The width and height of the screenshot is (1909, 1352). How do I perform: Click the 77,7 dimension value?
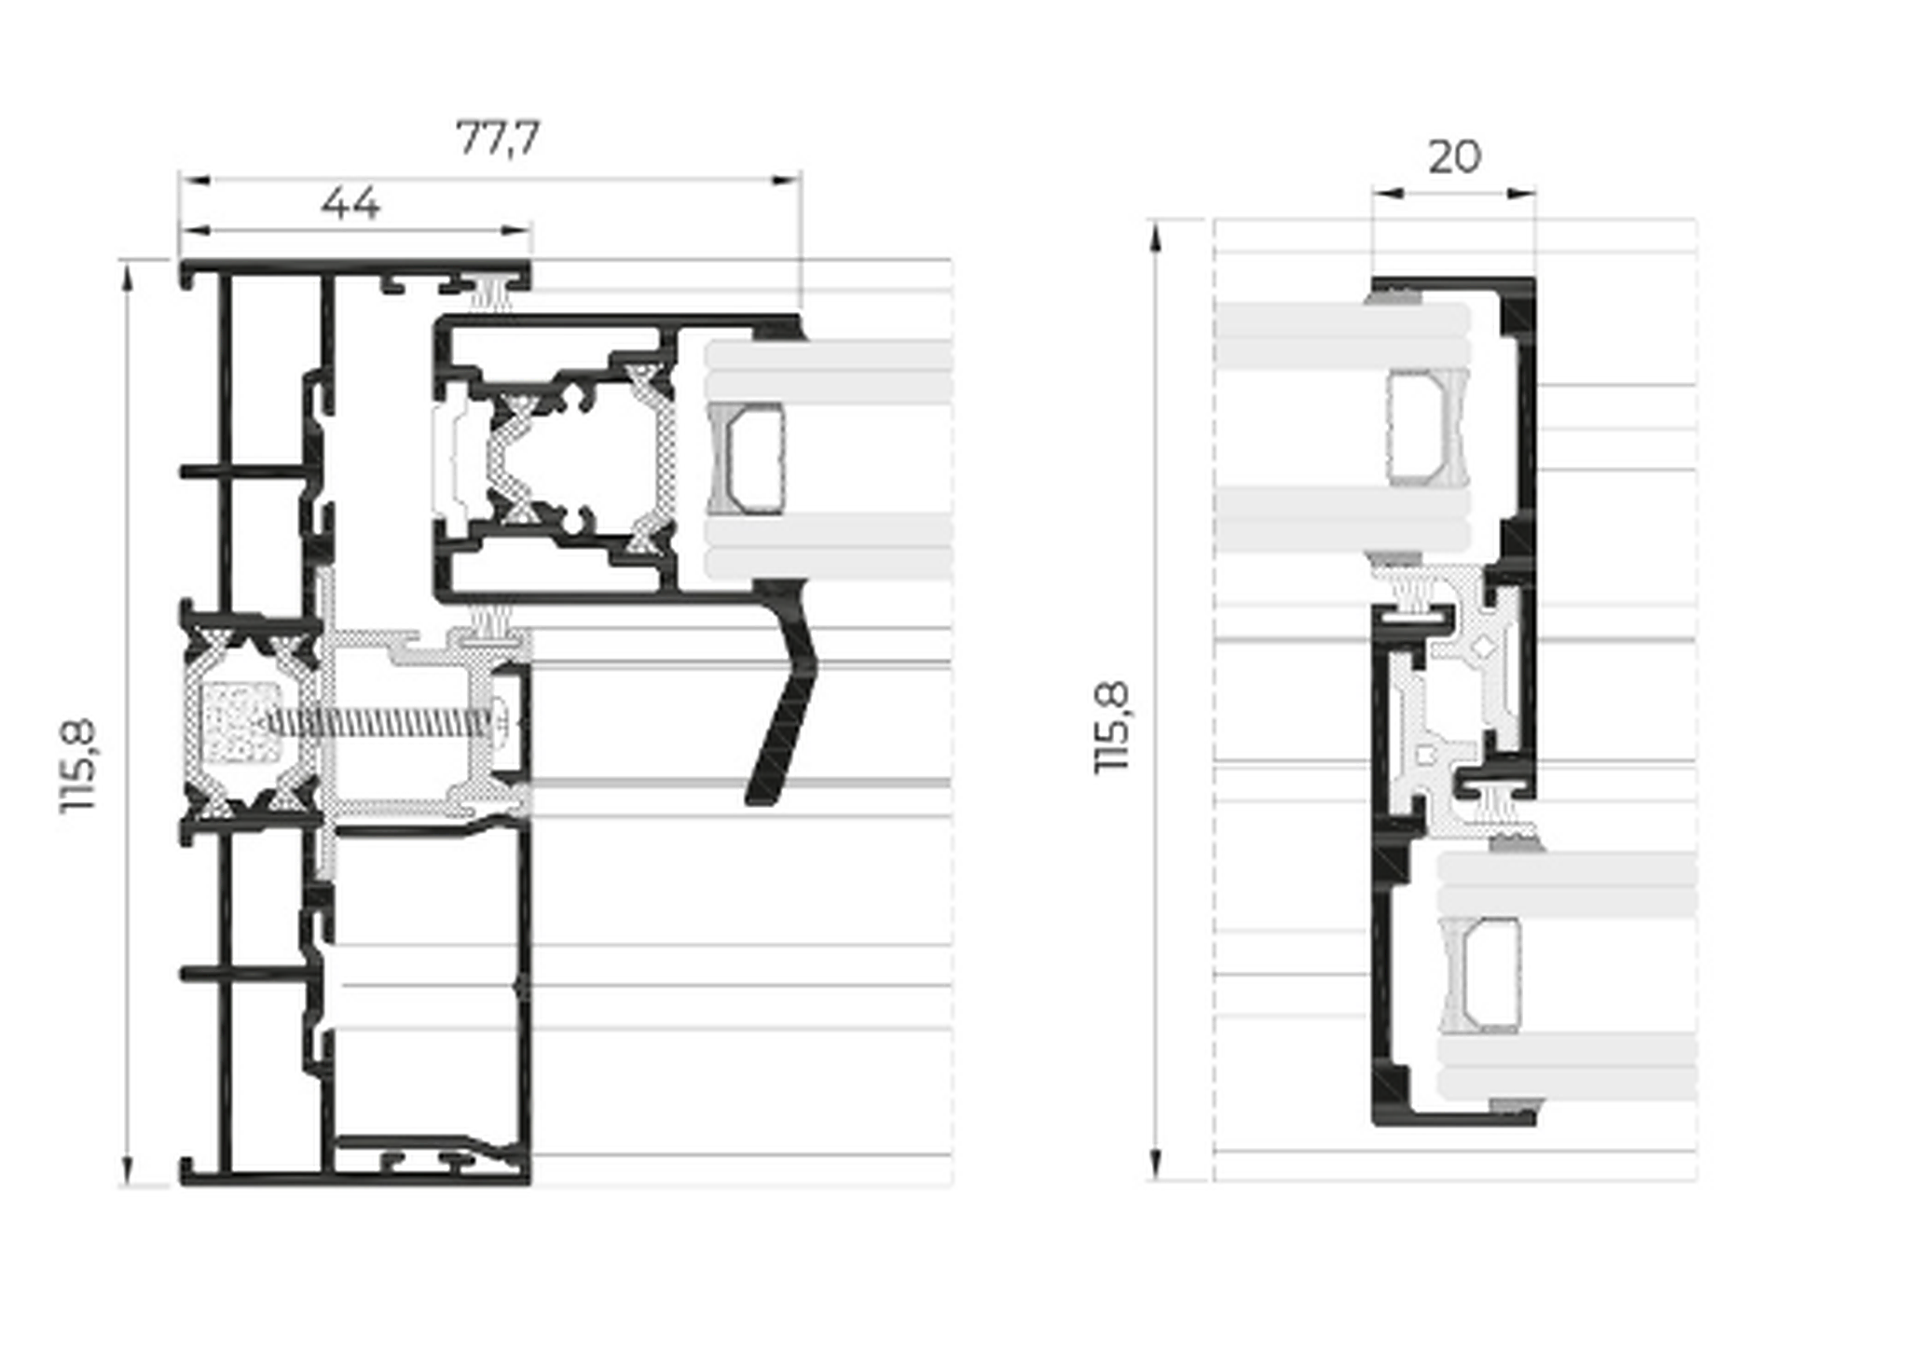click(x=498, y=139)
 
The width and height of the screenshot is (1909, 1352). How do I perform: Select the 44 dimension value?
click(x=350, y=203)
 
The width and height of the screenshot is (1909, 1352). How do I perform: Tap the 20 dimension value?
click(x=1454, y=157)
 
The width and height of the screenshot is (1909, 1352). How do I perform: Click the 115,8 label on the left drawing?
click(x=78, y=765)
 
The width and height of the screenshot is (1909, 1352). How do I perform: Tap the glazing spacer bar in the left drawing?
click(x=746, y=458)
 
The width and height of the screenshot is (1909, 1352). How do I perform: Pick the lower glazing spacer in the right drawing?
click(x=1481, y=975)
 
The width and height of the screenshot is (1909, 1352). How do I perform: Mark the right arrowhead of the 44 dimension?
click(x=517, y=229)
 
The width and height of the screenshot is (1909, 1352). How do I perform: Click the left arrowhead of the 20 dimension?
click(x=1386, y=194)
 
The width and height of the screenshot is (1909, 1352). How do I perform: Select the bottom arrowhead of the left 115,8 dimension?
click(x=128, y=1170)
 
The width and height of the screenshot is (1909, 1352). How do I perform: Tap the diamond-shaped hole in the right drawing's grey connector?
click(x=1477, y=642)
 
